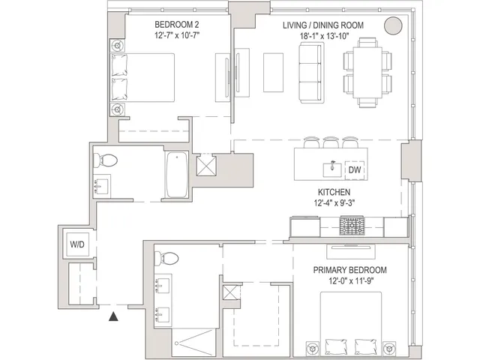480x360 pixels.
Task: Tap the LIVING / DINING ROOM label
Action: point(323,25)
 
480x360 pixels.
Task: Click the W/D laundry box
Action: point(76,244)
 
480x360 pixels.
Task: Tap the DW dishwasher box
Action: point(354,169)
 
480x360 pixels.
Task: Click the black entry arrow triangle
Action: point(113,317)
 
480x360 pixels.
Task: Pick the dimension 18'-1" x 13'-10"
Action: point(323,36)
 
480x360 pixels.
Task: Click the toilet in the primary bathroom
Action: point(166,259)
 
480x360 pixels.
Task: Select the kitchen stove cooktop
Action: point(351,224)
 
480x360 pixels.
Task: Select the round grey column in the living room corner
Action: point(393,25)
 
